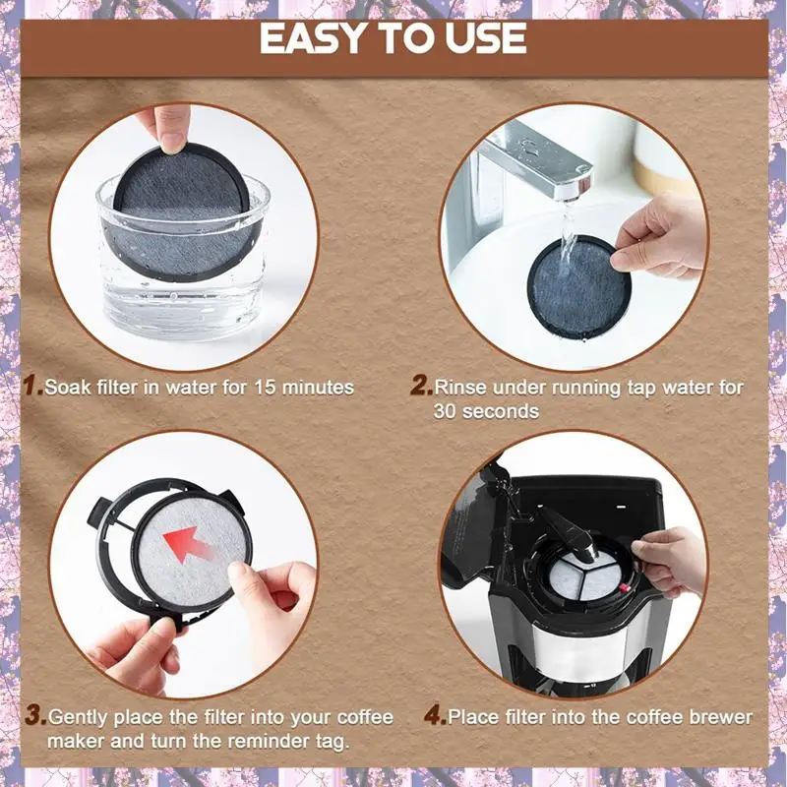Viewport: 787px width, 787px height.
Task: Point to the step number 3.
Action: (x=34, y=716)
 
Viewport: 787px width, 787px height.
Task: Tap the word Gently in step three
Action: (x=78, y=716)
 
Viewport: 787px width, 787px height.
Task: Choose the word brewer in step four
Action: (x=721, y=716)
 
